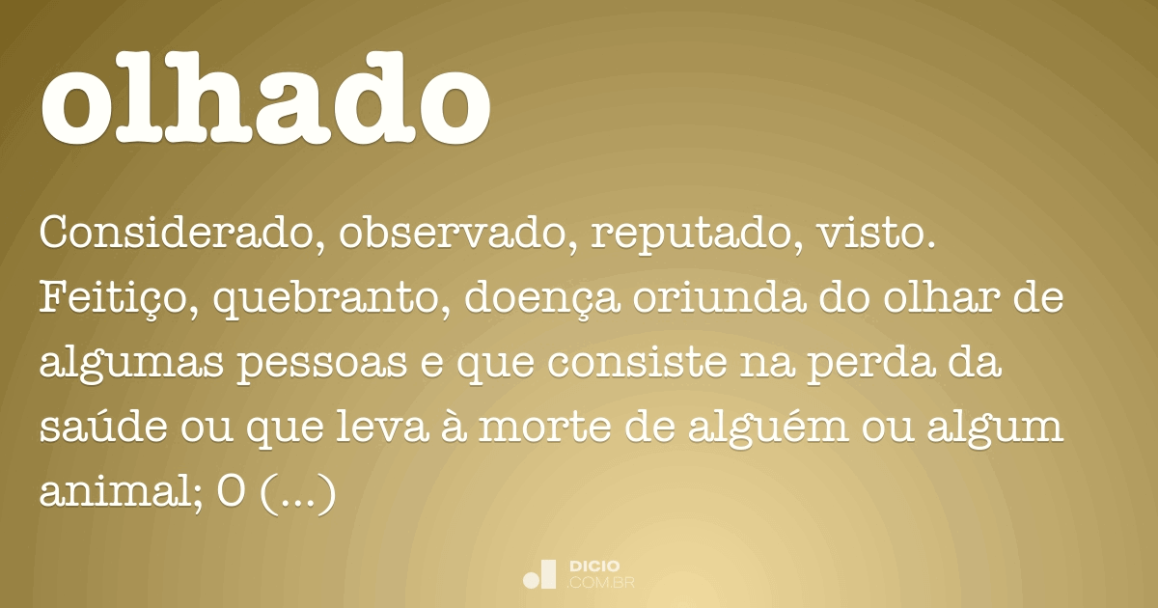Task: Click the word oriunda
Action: tap(720, 298)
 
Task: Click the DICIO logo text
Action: tap(594, 567)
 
